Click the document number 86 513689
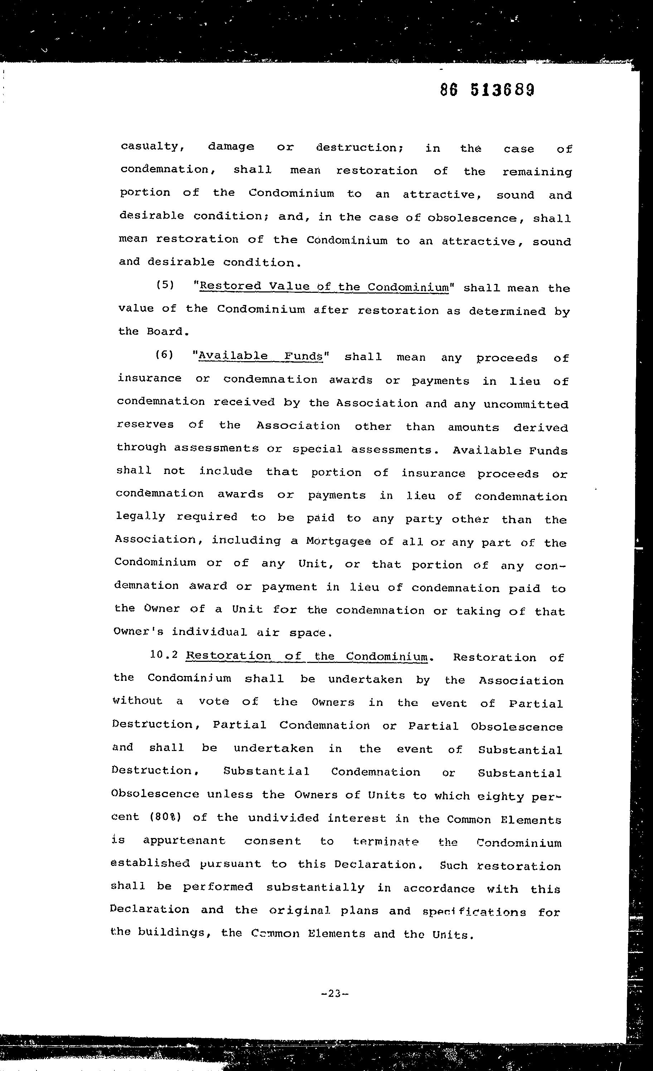click(487, 90)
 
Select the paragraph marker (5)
click(165, 285)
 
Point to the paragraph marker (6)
click(164, 355)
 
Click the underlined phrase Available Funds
click(260, 356)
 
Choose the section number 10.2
click(164, 655)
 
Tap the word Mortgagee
click(338, 541)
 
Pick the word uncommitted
click(526, 404)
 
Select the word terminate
click(386, 842)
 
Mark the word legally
click(140, 517)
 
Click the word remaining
click(537, 172)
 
